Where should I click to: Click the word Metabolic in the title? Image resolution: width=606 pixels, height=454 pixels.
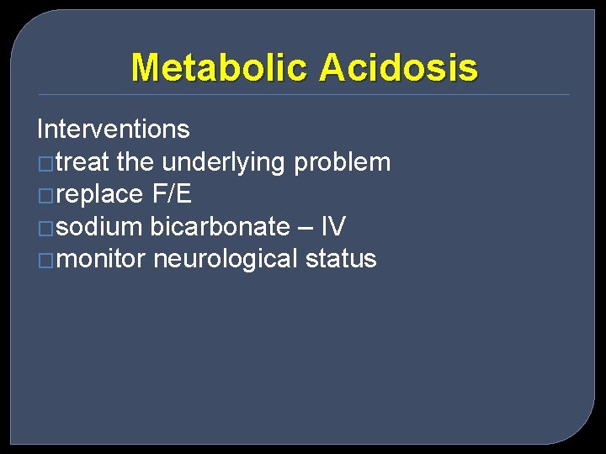(220, 67)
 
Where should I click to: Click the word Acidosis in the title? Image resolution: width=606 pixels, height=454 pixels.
(399, 67)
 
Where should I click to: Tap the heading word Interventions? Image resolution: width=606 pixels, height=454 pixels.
(114, 129)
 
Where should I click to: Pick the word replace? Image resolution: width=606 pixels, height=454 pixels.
(101, 194)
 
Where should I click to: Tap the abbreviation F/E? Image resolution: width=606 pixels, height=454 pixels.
(172, 194)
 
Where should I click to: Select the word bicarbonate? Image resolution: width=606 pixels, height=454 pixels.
(220, 226)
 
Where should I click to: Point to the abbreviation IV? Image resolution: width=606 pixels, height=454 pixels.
(333, 226)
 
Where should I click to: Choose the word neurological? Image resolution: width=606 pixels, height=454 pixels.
(226, 258)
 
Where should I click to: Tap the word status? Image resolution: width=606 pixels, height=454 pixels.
(341, 258)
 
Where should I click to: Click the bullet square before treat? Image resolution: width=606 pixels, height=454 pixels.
(45, 163)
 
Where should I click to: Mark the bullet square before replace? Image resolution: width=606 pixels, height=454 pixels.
(45, 196)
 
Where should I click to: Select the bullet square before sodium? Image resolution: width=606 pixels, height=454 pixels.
(45, 228)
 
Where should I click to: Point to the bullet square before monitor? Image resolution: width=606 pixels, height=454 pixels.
(45, 260)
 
